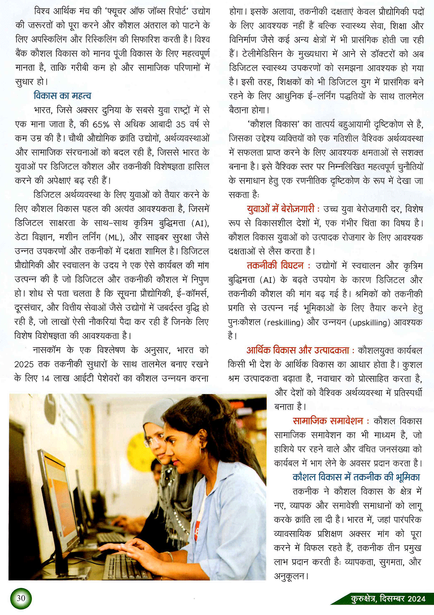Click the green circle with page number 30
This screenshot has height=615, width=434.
20,598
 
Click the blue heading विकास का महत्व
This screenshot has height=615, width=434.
62,95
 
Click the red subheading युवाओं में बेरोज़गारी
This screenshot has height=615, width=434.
280,209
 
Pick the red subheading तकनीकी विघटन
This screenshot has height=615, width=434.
275,266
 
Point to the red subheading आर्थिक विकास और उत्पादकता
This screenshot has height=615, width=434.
298,350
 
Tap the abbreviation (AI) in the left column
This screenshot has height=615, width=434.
200,223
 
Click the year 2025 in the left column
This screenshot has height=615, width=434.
24,365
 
